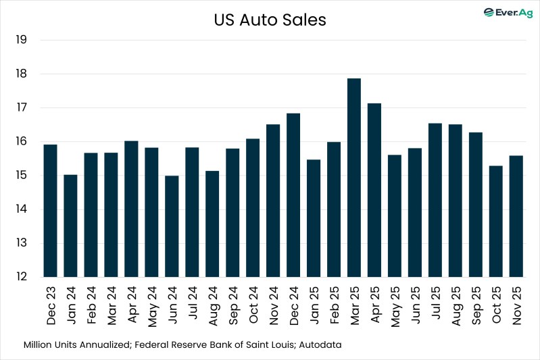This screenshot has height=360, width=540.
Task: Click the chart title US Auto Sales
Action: (270, 20)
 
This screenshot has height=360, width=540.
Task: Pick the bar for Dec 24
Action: (293, 195)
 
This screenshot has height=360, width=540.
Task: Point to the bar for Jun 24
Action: (172, 226)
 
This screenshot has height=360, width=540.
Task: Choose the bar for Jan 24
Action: (70, 226)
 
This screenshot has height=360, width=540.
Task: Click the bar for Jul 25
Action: (435, 200)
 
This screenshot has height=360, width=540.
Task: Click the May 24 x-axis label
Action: (152, 305)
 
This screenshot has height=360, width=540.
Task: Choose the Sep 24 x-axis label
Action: (233, 305)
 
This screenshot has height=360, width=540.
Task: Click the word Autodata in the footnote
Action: (318, 344)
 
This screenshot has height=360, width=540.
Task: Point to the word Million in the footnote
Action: (39, 344)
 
